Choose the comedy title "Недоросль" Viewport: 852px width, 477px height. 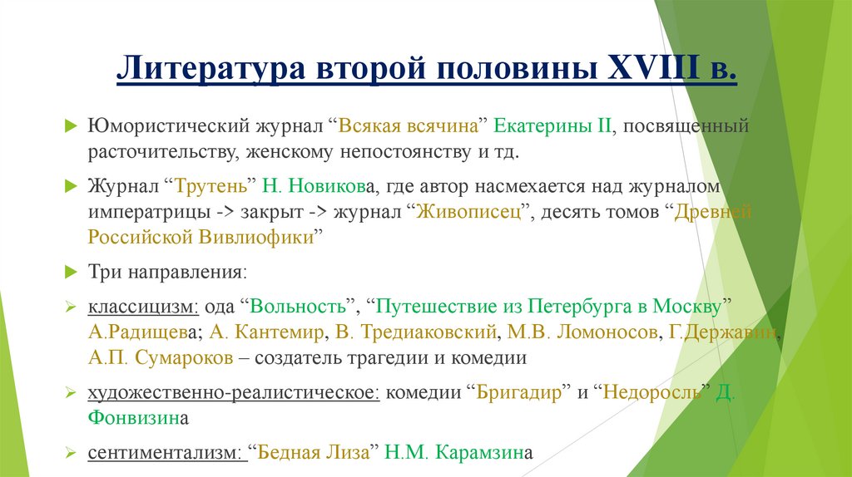[656, 393]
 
